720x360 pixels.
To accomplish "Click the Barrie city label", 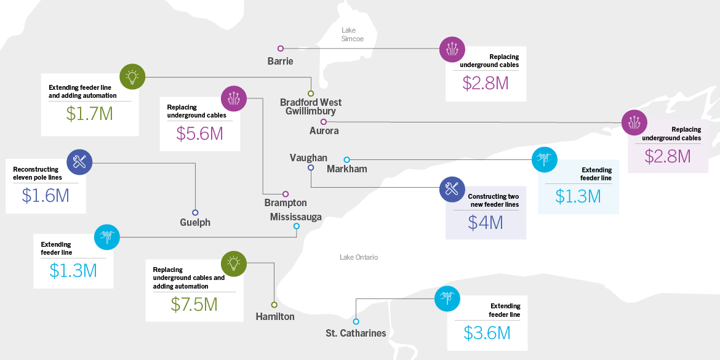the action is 280,61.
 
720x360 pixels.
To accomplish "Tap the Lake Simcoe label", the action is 353,34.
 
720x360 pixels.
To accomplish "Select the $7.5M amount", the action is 195,305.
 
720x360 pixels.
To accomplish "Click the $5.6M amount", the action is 199,134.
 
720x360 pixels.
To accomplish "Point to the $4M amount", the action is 485,222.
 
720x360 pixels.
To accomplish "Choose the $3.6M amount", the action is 487,333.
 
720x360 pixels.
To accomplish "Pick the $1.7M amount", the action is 89,113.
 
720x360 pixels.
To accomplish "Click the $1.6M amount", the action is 45,195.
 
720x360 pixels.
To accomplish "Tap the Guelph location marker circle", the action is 196,212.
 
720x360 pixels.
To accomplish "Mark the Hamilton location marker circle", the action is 274,305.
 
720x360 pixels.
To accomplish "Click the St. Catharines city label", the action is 356,333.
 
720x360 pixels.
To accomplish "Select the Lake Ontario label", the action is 359,257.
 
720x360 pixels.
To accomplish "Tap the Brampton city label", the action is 286,202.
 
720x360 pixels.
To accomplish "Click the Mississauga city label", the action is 295,217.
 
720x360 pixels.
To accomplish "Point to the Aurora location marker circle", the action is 324,122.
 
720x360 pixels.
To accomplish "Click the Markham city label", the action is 346,169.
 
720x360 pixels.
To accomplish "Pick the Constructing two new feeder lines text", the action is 494,200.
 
